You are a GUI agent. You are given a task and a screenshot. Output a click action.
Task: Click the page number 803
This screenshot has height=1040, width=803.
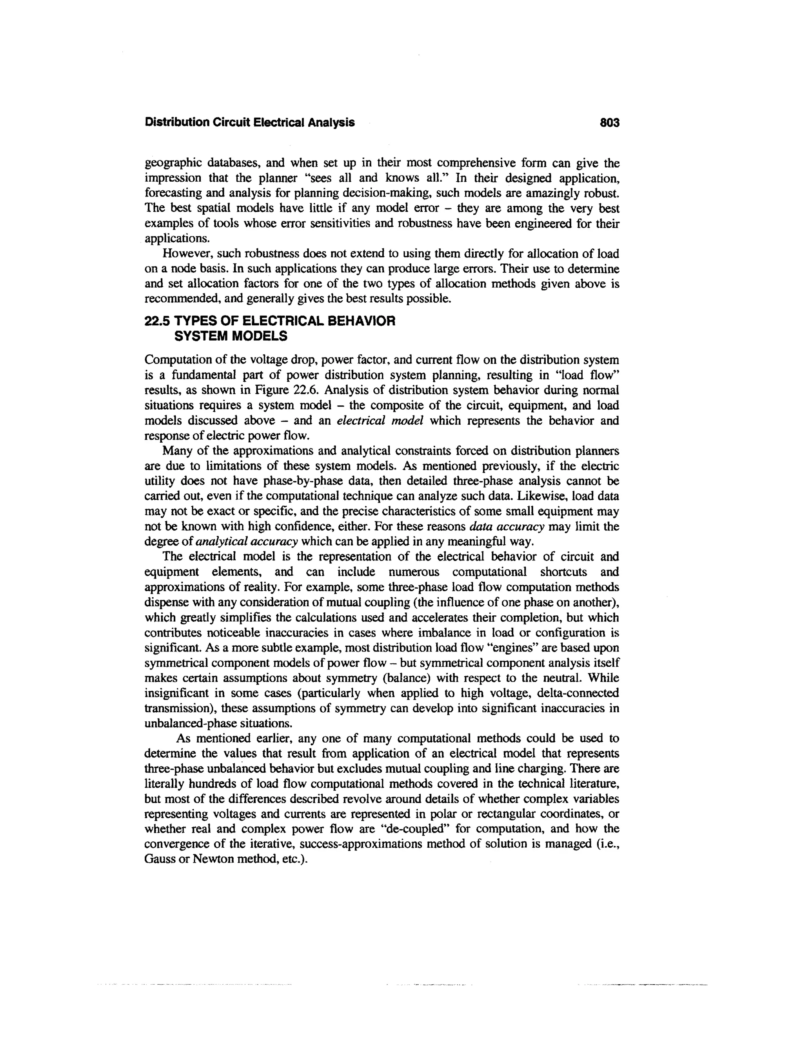click(x=609, y=123)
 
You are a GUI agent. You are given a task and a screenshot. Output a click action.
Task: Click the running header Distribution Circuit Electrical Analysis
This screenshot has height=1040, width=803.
click(x=249, y=123)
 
